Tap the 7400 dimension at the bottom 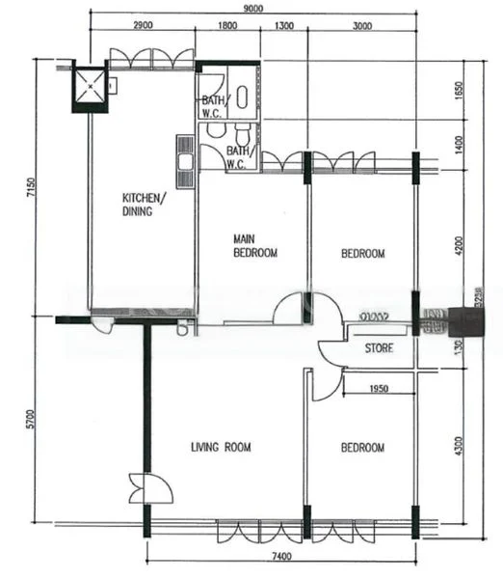[282, 557]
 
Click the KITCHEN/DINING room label [143, 205]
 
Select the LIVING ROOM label [221, 447]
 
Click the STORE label [379, 348]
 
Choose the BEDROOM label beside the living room [362, 448]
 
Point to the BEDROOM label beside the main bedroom [362, 254]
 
